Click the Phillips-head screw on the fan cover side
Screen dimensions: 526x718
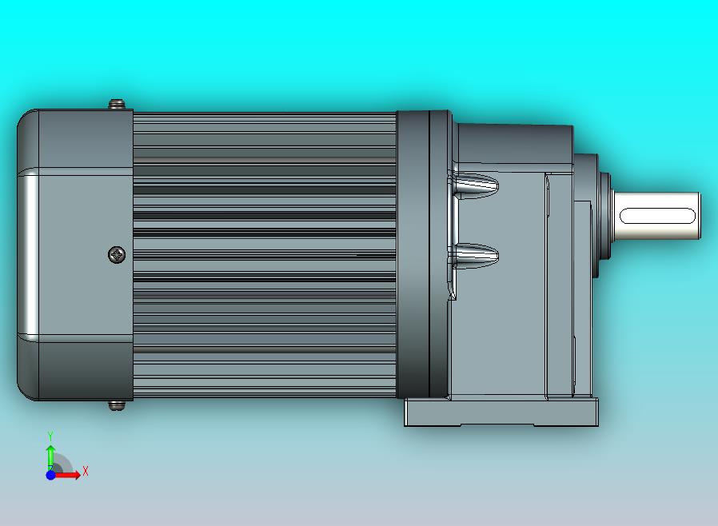tap(117, 255)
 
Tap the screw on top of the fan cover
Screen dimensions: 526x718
tap(117, 104)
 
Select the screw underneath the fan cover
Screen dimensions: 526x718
tap(117, 405)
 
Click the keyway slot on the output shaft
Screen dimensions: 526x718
tap(657, 215)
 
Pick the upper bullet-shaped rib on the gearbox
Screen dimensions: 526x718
tap(477, 185)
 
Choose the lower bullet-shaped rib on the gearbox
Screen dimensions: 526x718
tap(477, 257)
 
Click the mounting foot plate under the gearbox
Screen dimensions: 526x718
tap(501, 412)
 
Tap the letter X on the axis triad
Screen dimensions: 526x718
tap(86, 472)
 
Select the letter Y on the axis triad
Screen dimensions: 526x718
tap(50, 436)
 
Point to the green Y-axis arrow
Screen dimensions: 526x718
tap(50, 456)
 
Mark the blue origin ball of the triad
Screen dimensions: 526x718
tap(50, 475)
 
